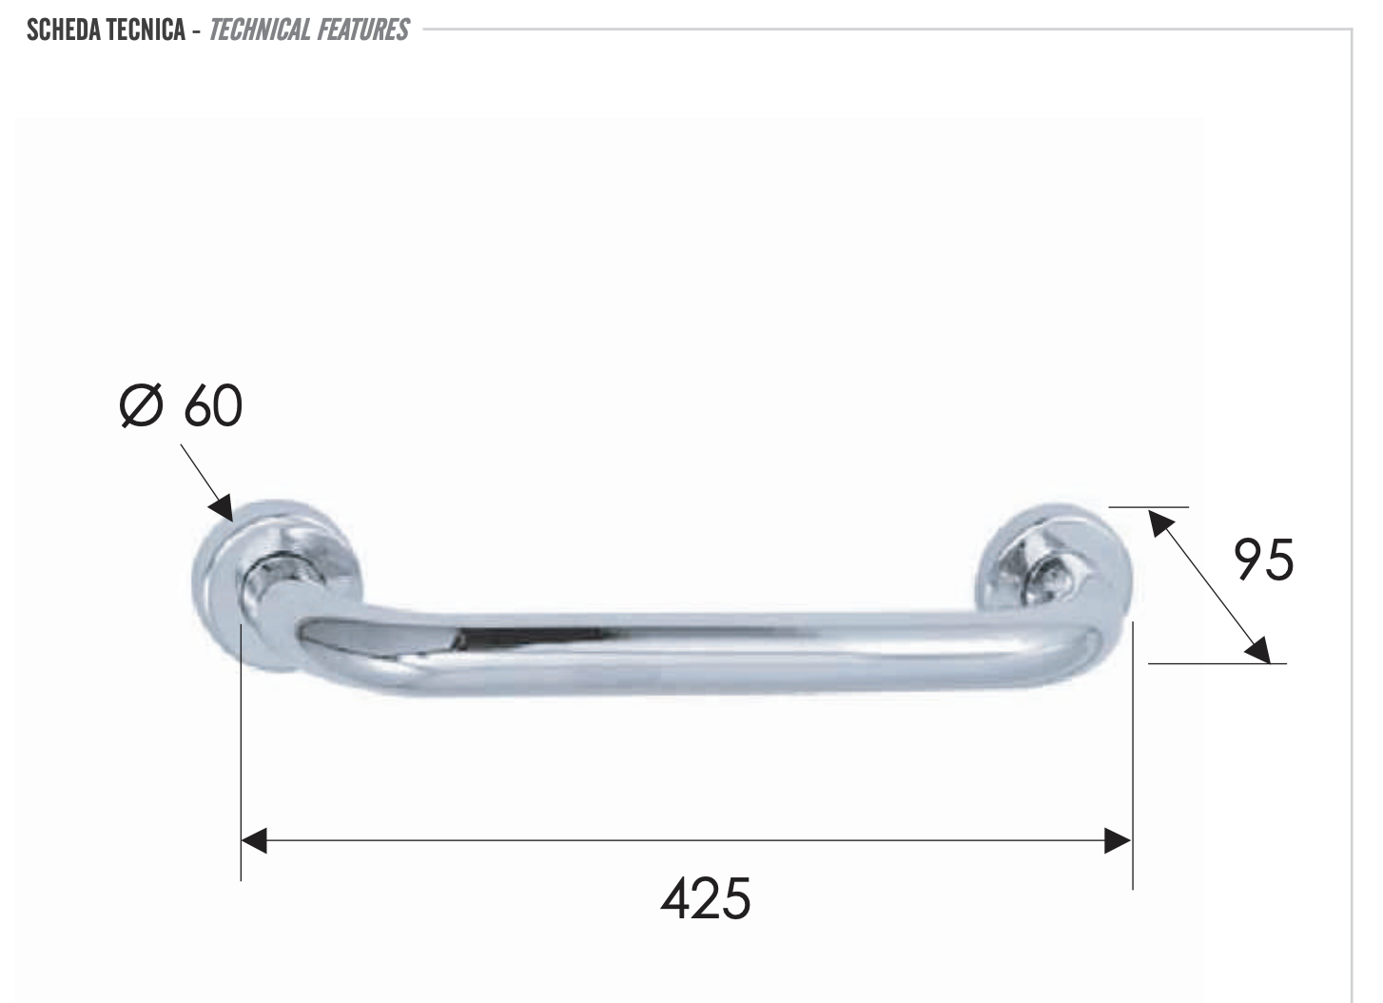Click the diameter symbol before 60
click(x=142, y=406)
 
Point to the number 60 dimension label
click(x=213, y=406)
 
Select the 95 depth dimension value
click(x=1263, y=560)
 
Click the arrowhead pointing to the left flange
click(x=223, y=507)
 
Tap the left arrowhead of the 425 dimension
click(x=255, y=840)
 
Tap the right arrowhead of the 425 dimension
click(x=1118, y=840)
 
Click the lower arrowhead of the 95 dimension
click(x=1257, y=649)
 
